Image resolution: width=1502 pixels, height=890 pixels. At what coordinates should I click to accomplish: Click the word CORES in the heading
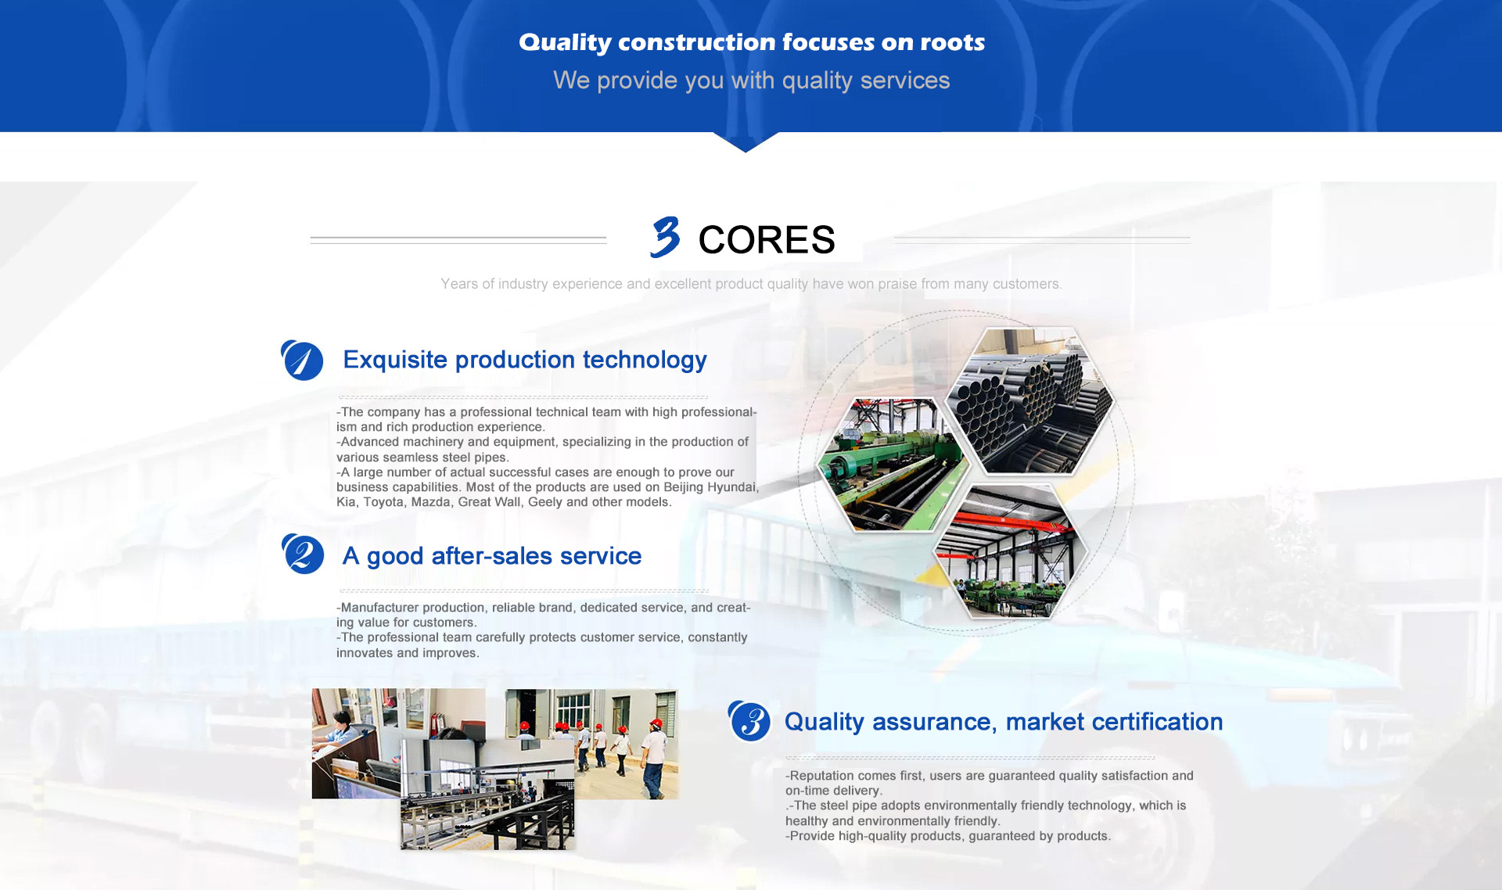[767, 239]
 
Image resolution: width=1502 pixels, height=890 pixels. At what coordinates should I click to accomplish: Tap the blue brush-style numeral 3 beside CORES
[665, 237]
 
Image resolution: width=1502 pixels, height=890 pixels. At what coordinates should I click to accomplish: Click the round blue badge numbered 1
[302, 361]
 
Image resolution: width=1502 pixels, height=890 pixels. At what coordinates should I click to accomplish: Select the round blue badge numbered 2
[303, 554]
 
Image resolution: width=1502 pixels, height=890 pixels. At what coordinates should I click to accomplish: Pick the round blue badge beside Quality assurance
[749, 720]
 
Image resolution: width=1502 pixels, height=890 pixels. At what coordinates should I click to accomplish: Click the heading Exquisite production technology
[525, 360]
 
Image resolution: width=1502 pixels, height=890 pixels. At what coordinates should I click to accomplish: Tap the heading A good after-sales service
[492, 556]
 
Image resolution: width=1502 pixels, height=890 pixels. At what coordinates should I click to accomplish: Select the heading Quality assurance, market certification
[1004, 722]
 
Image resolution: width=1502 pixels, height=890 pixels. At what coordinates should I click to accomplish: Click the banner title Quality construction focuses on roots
[752, 42]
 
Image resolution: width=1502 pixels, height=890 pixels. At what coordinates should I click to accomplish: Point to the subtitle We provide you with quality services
[752, 81]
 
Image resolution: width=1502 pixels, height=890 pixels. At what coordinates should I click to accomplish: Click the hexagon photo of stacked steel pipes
[1029, 400]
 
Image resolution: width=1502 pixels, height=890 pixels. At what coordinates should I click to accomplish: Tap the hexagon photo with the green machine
[893, 465]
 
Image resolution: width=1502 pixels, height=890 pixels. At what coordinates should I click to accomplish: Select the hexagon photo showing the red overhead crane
[1011, 551]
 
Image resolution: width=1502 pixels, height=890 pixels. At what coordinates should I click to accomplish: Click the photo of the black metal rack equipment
[487, 794]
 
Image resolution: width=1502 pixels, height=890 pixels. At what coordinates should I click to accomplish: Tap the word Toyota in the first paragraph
[383, 502]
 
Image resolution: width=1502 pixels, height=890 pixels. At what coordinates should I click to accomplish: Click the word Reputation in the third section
[822, 776]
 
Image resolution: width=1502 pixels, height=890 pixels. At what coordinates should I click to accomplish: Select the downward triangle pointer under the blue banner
[746, 142]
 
